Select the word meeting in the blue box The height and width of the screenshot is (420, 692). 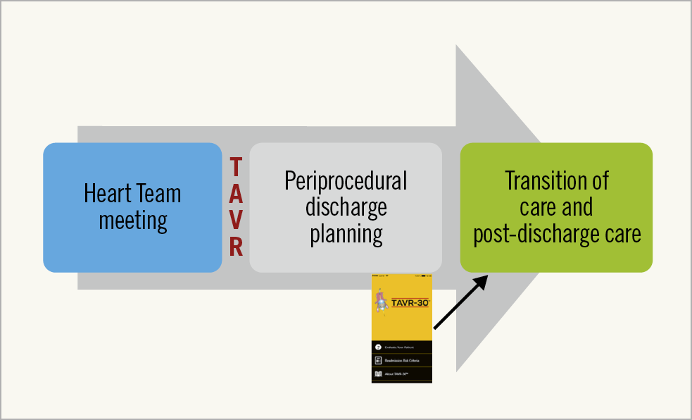132,221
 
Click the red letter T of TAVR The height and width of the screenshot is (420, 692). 237,167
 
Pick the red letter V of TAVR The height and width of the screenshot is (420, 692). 237,220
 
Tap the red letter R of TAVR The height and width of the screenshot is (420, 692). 237,247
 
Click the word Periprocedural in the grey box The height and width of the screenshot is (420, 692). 346,181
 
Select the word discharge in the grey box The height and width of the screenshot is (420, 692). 346,207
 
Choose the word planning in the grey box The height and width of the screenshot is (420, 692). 346,233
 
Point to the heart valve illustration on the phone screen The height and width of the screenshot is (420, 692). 381,302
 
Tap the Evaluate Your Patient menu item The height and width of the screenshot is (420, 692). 401,347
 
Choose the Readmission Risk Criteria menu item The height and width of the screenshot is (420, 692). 405,360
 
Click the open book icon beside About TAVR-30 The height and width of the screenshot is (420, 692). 378,373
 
